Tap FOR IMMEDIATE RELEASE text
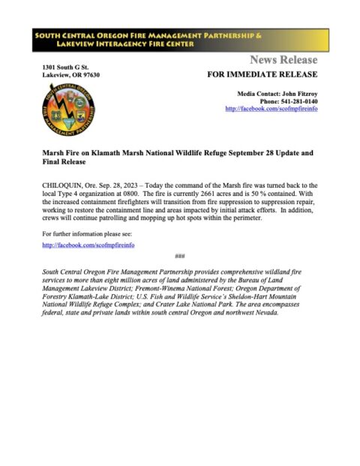262,75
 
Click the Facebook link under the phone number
271,109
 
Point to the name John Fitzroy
298,92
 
